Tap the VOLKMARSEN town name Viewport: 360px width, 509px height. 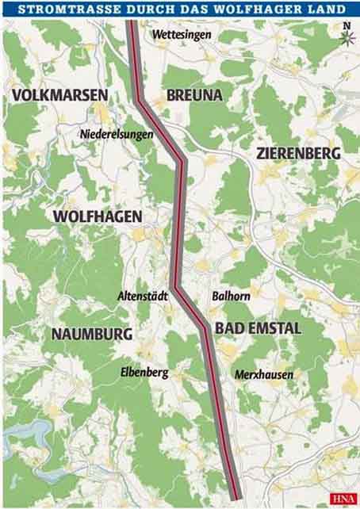pos(60,96)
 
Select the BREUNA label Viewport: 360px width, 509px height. pos(194,96)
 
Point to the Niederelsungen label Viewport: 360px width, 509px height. pos(117,134)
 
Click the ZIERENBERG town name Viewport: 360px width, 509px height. pos(298,153)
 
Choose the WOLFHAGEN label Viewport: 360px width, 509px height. pos(98,216)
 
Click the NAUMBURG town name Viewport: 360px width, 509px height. pos(91,334)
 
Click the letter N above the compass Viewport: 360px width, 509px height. pos(346,26)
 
